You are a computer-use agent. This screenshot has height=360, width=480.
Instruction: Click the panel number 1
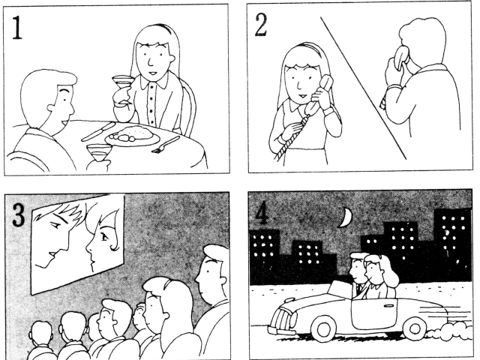point(16,28)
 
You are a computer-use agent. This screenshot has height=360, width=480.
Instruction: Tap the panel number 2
point(260,25)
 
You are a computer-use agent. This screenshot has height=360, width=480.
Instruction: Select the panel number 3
point(19,215)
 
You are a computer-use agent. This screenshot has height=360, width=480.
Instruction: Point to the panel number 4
point(261,214)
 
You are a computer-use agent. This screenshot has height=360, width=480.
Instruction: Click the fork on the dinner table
point(166,145)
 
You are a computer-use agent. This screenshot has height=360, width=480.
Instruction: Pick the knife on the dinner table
point(98,132)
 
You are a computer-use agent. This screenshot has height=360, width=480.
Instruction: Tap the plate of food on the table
point(132,136)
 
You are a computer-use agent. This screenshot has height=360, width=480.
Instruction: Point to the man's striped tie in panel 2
point(383,101)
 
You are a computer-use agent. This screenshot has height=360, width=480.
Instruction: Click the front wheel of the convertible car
point(323,329)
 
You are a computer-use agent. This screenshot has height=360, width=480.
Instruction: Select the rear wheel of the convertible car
point(415,328)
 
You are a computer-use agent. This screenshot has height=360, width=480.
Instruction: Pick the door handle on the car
point(388,305)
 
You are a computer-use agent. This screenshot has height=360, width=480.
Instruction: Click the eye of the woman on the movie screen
point(104,236)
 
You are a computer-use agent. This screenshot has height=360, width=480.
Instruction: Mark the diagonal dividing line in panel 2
point(363,88)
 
